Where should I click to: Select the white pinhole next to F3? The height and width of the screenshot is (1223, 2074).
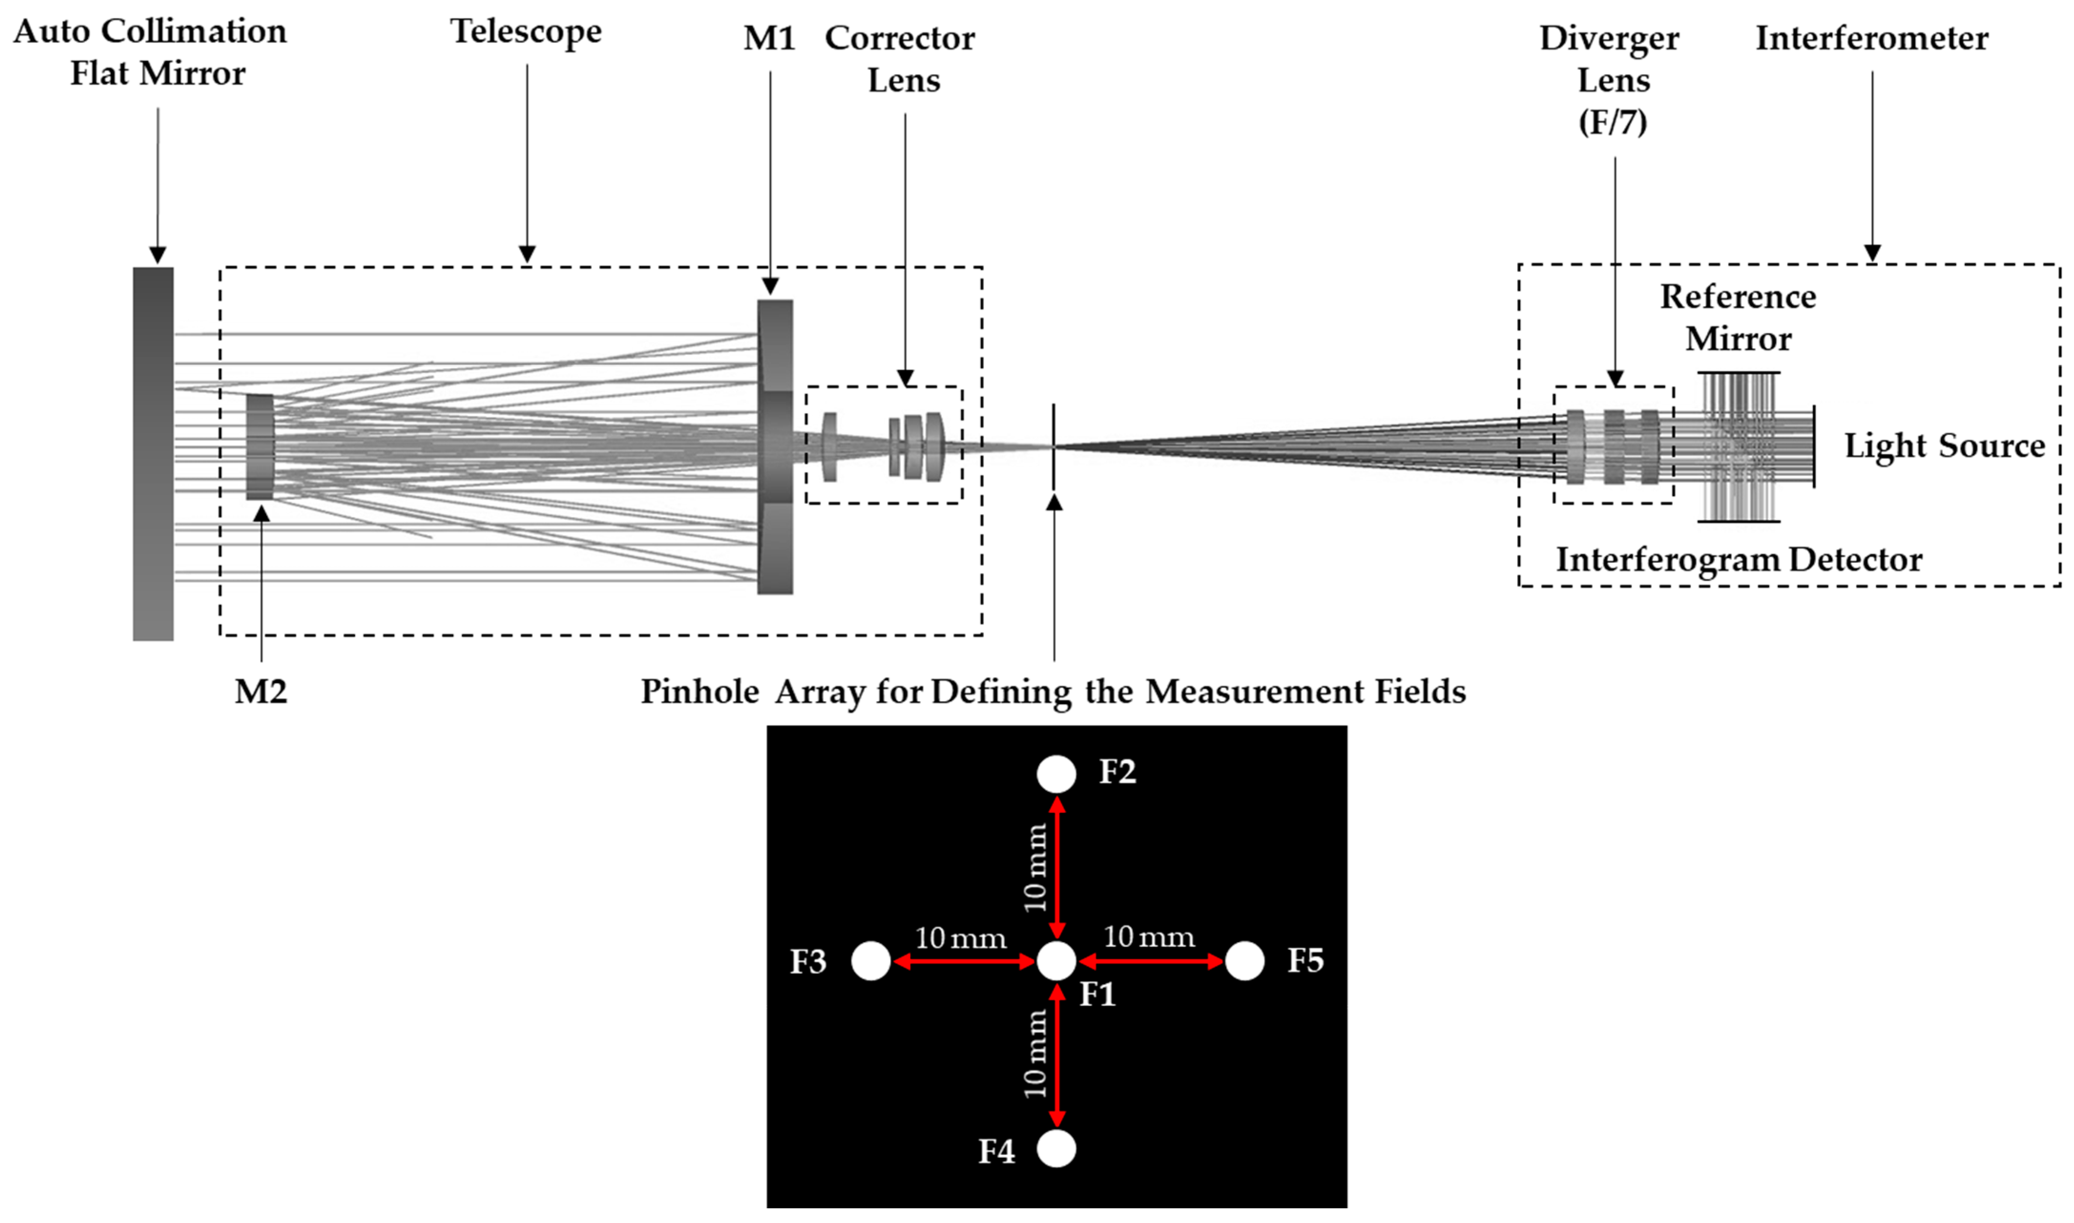point(871,961)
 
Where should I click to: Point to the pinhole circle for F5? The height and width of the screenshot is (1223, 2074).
point(1244,961)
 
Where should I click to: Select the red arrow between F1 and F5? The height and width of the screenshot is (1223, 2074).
point(1151,961)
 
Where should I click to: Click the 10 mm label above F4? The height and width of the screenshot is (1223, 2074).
point(1035,1055)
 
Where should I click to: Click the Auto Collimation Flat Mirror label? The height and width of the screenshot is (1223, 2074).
point(151,52)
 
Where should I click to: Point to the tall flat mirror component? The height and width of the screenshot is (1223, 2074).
point(153,453)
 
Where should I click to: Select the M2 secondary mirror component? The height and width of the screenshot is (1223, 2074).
point(259,446)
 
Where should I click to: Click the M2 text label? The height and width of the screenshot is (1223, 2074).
point(260,692)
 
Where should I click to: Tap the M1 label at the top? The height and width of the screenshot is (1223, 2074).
point(769,38)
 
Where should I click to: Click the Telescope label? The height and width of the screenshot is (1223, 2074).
point(526,31)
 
